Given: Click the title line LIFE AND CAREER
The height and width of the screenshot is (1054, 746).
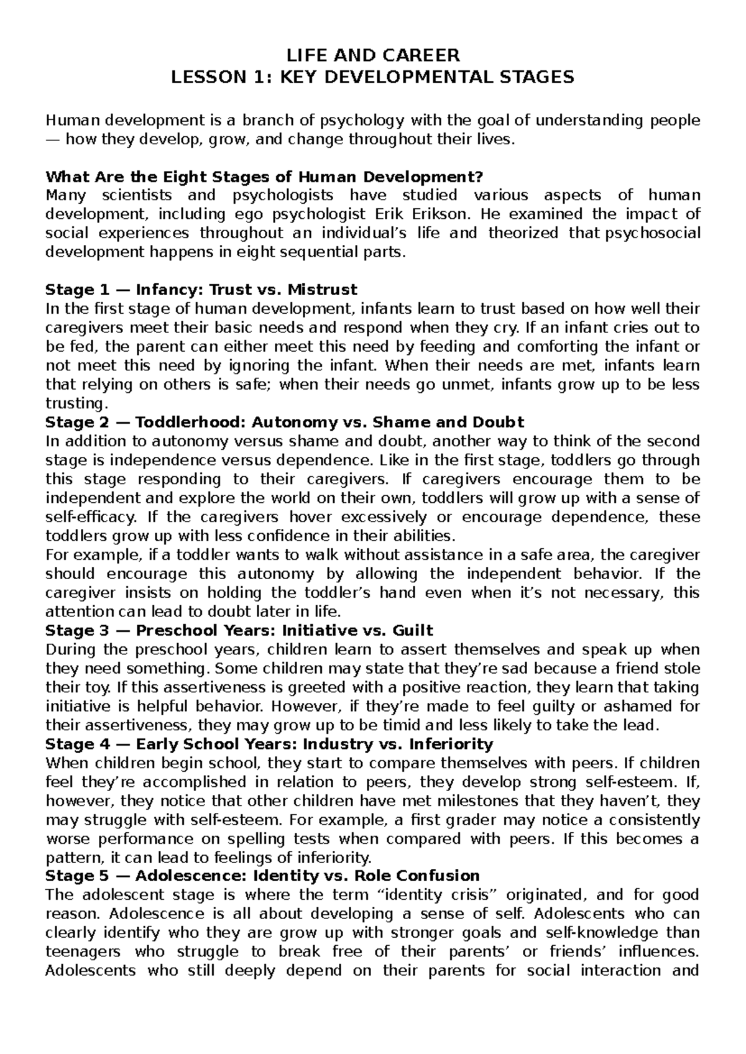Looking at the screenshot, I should pos(373,56).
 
